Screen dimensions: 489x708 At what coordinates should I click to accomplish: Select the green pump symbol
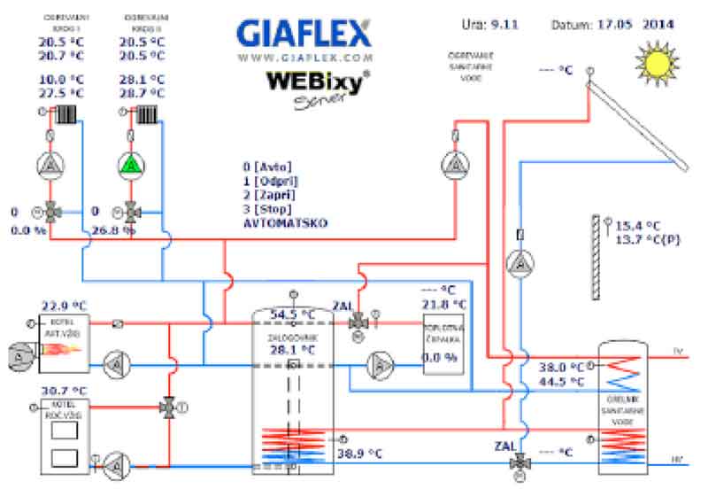(x=130, y=166)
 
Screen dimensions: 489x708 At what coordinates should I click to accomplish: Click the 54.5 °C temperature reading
(x=292, y=314)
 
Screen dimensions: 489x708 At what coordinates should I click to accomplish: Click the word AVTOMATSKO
(x=285, y=224)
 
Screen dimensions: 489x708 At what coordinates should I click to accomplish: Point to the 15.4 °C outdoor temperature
(x=637, y=225)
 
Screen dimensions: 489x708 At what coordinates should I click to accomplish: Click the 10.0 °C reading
(x=61, y=79)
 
